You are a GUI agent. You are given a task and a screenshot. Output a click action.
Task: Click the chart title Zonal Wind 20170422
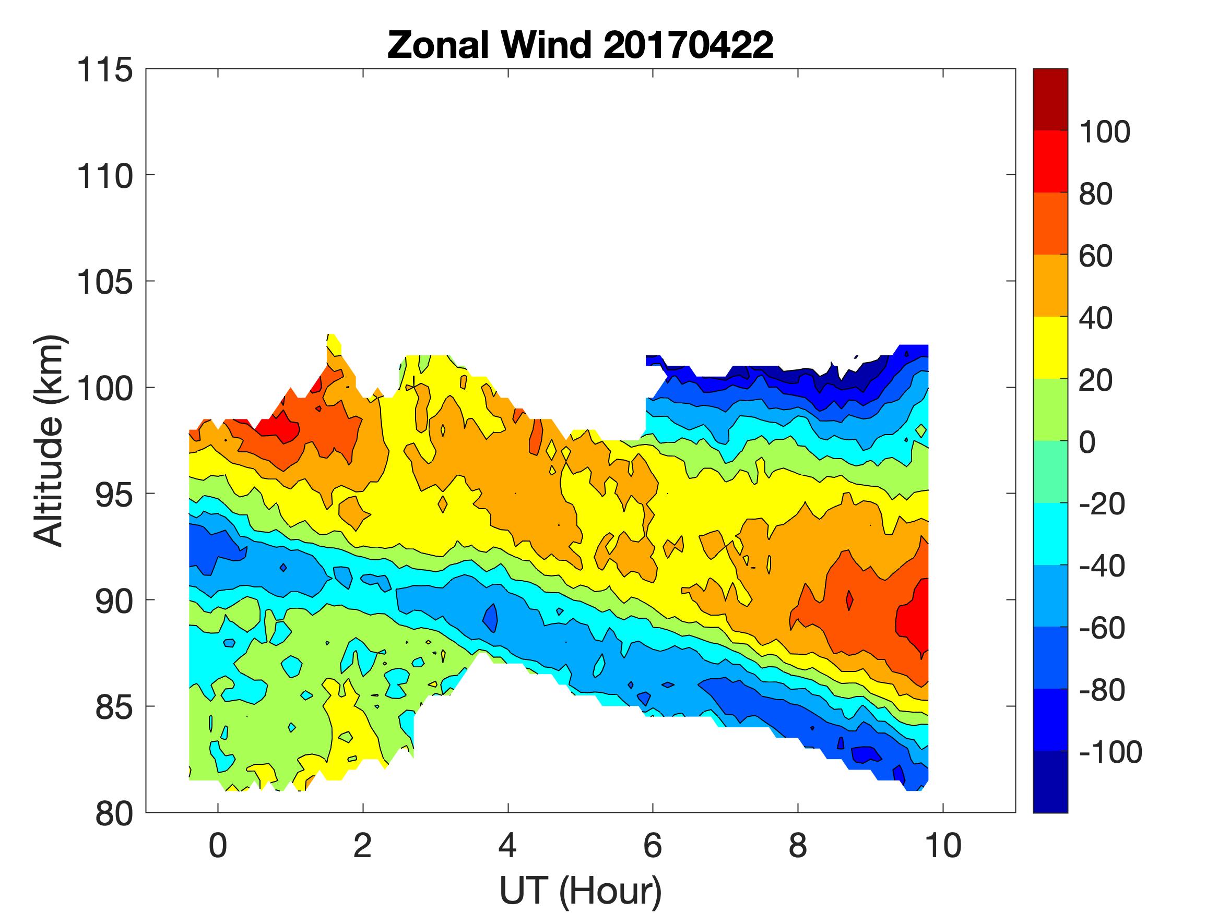coord(580,45)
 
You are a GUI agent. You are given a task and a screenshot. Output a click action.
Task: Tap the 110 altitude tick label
coord(104,177)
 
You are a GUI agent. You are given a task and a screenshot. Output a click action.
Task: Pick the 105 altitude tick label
coord(104,283)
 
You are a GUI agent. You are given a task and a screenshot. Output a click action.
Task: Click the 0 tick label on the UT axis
coord(218,845)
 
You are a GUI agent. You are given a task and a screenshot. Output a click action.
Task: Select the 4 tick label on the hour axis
coord(507,845)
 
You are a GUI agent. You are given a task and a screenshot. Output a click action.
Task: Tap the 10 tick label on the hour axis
coord(943,845)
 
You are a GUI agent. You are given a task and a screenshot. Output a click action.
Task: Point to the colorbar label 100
coord(1104,132)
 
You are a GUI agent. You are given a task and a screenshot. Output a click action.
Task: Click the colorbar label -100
coord(1110,752)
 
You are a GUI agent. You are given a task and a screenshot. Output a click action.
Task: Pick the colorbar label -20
coord(1102,503)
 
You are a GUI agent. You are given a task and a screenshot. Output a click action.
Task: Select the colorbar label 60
coord(1096,256)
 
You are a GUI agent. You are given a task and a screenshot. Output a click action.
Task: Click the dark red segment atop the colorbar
coord(1050,99)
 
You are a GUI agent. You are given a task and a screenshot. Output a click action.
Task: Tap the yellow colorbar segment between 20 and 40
coord(1050,348)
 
